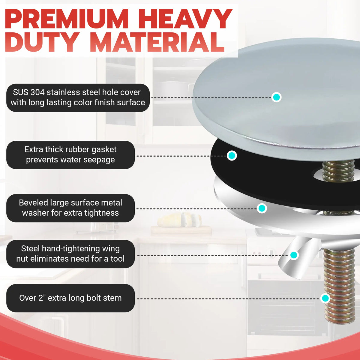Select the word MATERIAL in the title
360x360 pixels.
[157, 42]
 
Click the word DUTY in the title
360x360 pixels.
[41, 42]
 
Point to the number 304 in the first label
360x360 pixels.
[37, 92]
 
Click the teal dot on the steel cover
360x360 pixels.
[276, 97]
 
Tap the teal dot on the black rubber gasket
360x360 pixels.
[232, 155]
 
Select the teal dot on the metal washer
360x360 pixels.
[262, 208]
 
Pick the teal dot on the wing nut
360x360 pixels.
[293, 255]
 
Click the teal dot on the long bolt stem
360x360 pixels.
[325, 298]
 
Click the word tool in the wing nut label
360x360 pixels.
[117, 259]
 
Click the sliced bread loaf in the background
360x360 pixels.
[179, 220]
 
